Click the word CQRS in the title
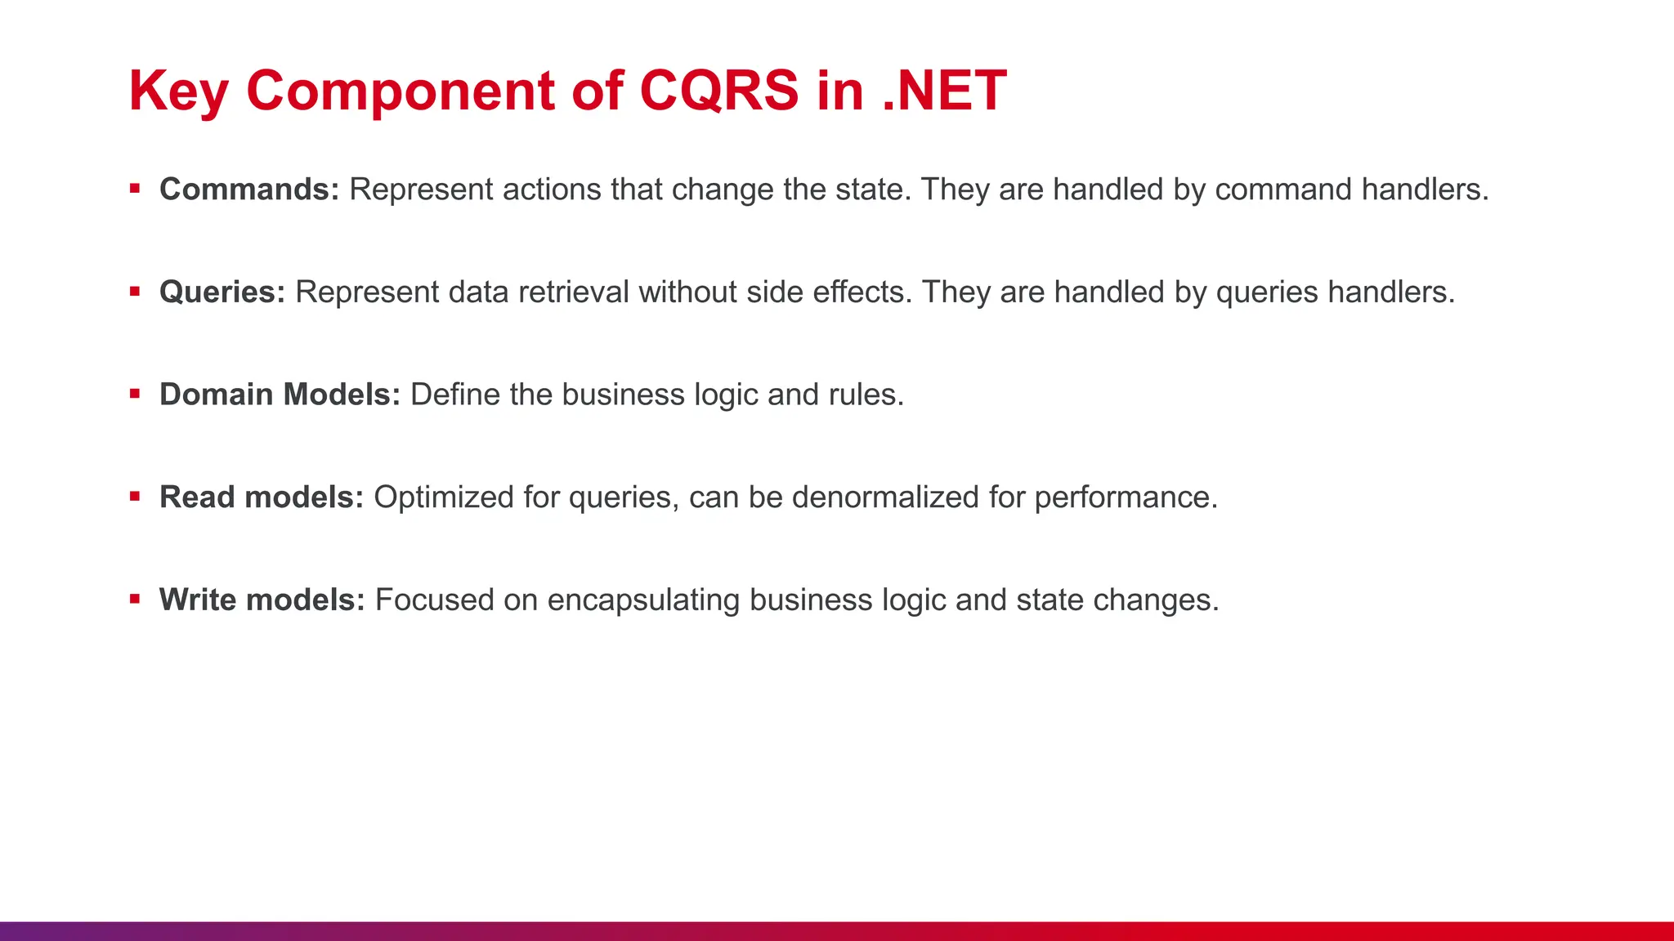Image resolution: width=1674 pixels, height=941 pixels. click(x=718, y=90)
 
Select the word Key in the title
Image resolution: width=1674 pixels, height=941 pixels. click(x=178, y=91)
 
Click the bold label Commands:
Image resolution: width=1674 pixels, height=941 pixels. click(x=249, y=190)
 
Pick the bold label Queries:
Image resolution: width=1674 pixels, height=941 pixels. click(x=222, y=292)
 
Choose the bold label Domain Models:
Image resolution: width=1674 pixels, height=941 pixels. click(x=280, y=395)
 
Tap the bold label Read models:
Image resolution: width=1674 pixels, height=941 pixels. click(x=262, y=497)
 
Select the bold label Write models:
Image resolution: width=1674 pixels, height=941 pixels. click(x=262, y=600)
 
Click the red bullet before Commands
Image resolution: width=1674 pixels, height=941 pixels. click(x=135, y=189)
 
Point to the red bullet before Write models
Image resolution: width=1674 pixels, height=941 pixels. click(x=135, y=600)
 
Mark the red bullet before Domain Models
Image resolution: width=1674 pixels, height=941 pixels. click(x=135, y=394)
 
